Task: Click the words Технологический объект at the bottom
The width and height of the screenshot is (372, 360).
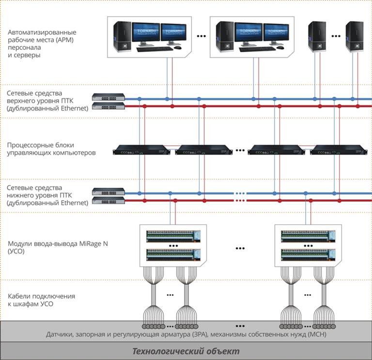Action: pos(186,351)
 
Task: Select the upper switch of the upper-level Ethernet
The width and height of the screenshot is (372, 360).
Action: pos(108,96)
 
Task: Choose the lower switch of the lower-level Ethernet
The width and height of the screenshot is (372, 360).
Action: pos(108,200)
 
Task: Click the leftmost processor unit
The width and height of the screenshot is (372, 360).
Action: pos(140,151)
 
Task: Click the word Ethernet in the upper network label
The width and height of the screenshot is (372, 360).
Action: pos(72,108)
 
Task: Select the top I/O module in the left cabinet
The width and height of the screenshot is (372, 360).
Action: pos(173,236)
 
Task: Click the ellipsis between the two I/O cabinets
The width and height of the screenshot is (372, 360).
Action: pos(241,248)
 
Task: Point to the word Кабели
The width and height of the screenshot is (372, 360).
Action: pos(20,296)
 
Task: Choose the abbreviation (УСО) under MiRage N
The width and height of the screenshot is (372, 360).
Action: pos(17,252)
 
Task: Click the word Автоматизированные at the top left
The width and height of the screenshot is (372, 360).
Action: pos(42,32)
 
